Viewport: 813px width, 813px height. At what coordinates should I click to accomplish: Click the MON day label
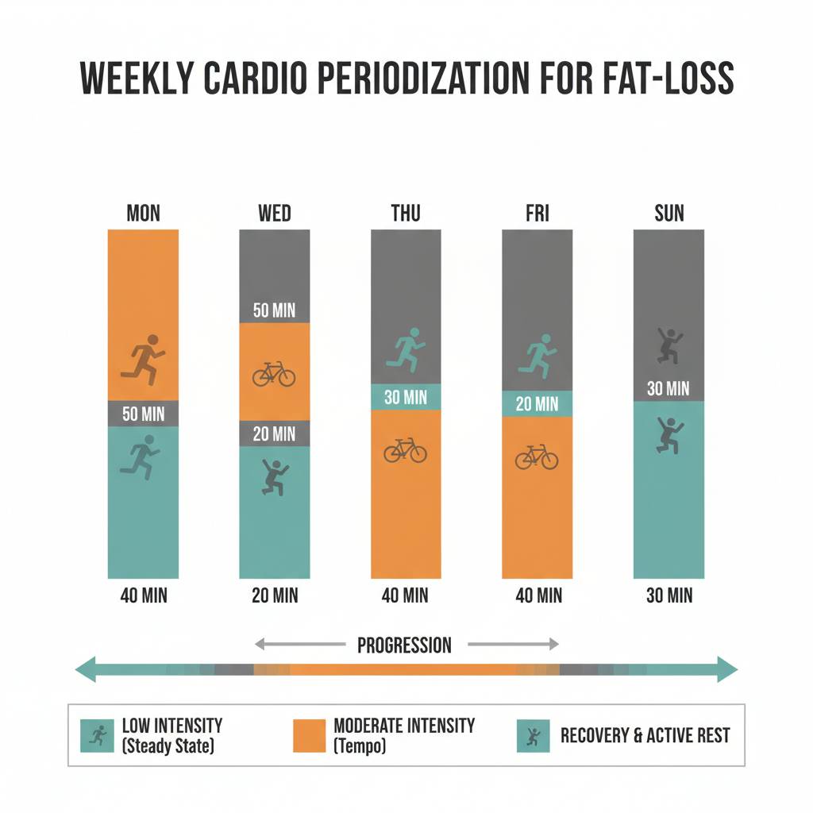pos(143,213)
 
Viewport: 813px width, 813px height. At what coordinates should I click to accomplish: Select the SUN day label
pos(669,213)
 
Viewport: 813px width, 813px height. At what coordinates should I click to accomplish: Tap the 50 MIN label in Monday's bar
pos(143,414)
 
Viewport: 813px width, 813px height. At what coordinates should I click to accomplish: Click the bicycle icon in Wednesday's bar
pos(274,373)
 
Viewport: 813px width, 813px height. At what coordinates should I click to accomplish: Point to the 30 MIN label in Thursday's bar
pos(406,397)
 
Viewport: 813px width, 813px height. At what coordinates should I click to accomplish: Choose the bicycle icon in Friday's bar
pos(537,457)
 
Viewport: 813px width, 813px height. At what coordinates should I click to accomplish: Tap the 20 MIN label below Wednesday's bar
pos(274,595)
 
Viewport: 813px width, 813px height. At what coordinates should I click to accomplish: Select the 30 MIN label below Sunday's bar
pos(669,595)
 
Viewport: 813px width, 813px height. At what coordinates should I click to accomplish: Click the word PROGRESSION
pos(404,645)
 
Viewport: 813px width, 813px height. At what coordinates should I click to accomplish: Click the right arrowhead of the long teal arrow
pos(726,669)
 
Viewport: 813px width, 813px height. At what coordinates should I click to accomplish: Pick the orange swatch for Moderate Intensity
pos(309,735)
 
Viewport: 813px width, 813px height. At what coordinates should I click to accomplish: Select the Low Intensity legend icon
pos(98,735)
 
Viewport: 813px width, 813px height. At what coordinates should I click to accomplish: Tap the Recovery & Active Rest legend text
pos(645,735)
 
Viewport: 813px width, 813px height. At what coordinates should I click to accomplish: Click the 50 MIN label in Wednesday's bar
pos(274,310)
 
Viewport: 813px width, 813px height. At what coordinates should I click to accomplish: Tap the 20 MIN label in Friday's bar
pos(537,404)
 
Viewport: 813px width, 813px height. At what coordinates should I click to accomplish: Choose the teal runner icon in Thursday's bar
pos(406,350)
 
